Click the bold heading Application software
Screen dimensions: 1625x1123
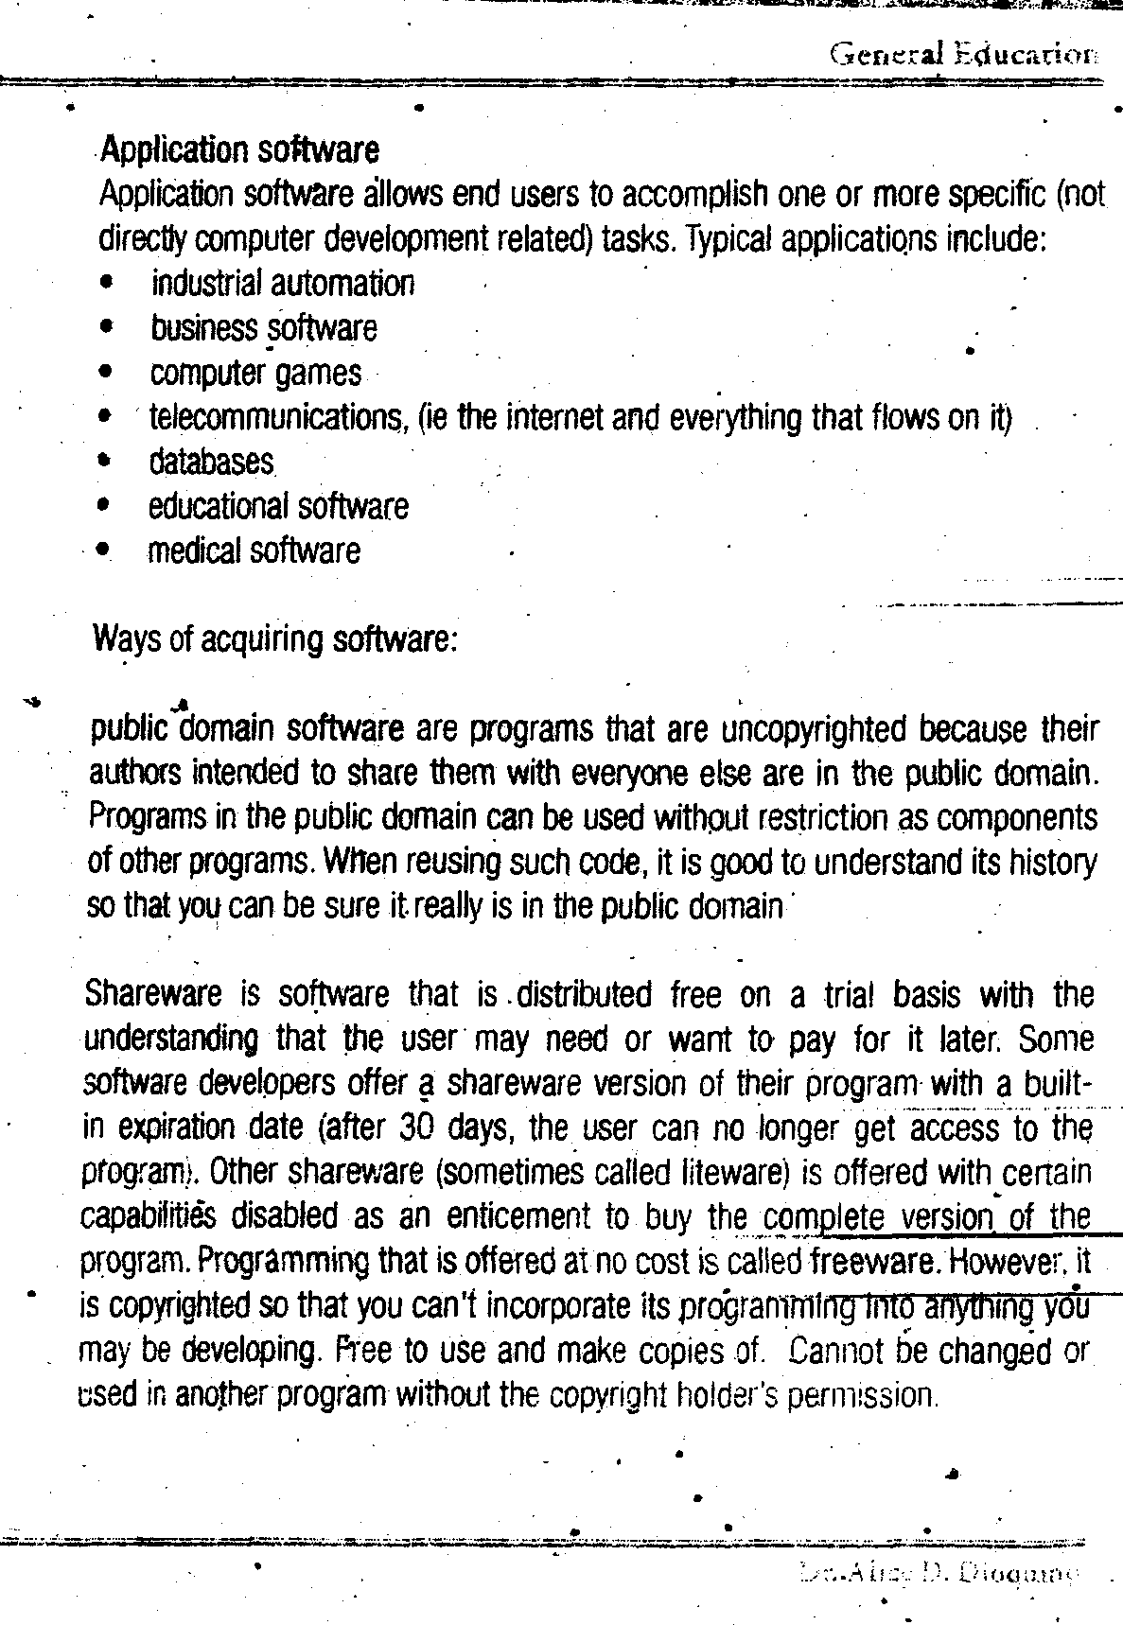239,149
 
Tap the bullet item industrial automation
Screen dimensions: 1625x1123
282,283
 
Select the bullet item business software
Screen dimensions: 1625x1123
263,328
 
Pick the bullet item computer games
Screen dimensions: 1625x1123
255,373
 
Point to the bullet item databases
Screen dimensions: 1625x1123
211,462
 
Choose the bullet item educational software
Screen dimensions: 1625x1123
278,506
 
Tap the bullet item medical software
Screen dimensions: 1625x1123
254,550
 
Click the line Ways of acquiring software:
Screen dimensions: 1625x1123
275,639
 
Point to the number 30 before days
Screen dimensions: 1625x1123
416,1127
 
